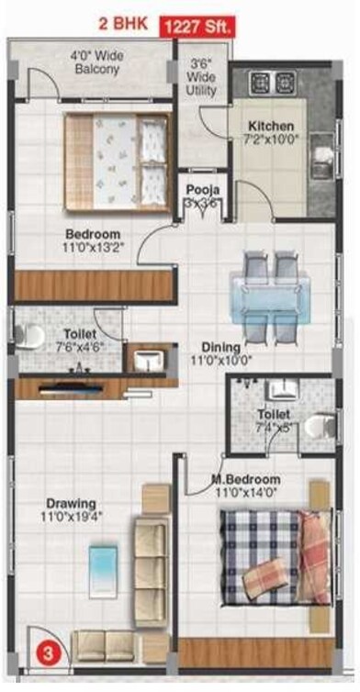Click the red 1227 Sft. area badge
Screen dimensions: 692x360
pyautogui.click(x=197, y=27)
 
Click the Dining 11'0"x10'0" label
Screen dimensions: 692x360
pyautogui.click(x=221, y=354)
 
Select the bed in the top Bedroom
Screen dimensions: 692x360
pyautogui.click(x=117, y=149)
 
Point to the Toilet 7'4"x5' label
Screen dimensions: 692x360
pyautogui.click(x=273, y=422)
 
